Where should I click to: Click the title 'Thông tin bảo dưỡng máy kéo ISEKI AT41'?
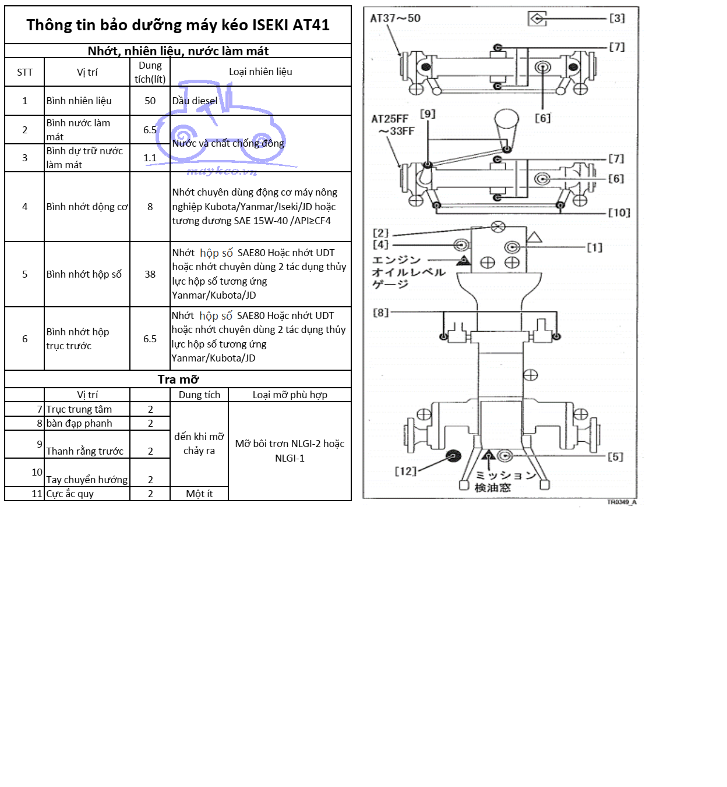[x=178, y=25]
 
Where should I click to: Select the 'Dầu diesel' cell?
[x=195, y=101]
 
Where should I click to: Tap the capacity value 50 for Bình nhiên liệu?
[x=150, y=101]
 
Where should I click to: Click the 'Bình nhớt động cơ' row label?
[x=87, y=207]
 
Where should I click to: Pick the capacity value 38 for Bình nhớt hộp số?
[x=150, y=274]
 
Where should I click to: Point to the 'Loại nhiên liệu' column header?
[x=260, y=72]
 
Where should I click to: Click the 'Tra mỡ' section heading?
[x=178, y=380]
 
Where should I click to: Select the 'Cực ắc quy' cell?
[x=70, y=494]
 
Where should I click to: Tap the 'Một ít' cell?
[x=199, y=494]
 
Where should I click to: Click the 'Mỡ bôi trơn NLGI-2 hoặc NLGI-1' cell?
[x=290, y=451]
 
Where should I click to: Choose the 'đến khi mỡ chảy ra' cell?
[x=199, y=444]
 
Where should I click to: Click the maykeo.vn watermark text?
[x=222, y=171]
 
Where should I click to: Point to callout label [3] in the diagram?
[x=617, y=19]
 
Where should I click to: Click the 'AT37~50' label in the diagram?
[x=395, y=18]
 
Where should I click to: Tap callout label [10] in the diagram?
[x=619, y=213]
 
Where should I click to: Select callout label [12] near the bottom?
[x=405, y=471]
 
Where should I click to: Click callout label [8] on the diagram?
[x=380, y=313]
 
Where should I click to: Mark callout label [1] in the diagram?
[x=594, y=247]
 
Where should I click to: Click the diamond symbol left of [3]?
[x=537, y=19]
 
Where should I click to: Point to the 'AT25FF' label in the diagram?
[x=390, y=119]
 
